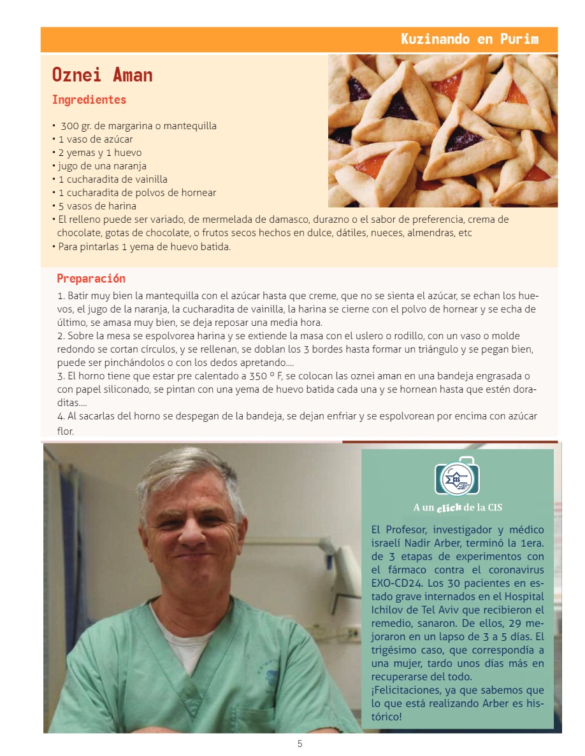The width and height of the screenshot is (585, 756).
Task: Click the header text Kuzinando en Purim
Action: (470, 39)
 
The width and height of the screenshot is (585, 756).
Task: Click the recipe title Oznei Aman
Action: (102, 75)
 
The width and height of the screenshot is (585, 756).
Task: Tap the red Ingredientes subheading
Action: (89, 100)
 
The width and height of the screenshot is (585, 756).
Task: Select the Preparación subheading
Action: (91, 278)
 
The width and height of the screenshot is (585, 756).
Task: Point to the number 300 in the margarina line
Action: (69, 126)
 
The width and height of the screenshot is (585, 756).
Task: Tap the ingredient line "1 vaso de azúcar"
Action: (96, 139)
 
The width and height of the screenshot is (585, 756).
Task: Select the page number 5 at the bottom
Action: (300, 744)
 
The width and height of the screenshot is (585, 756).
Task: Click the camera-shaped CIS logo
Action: (457, 476)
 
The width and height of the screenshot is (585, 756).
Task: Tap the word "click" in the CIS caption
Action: (449, 507)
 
